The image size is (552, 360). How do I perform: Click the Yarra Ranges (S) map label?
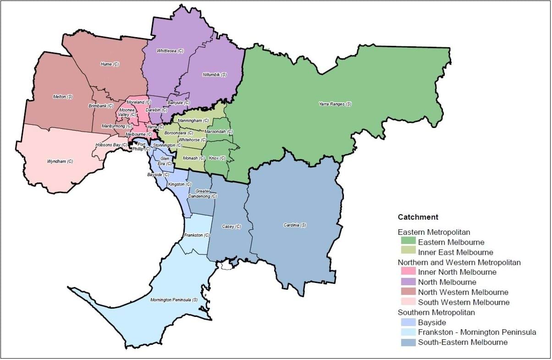click(x=335, y=104)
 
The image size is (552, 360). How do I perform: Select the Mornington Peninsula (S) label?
click(x=174, y=300)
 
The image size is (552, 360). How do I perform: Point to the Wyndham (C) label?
click(x=60, y=161)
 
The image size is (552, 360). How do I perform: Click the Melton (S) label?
click(x=63, y=97)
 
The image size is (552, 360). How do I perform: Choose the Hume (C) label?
click(x=110, y=64)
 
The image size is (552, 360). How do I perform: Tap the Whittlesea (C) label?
click(x=170, y=51)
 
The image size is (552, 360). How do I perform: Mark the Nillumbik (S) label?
click(x=215, y=74)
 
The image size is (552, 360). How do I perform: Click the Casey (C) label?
click(x=231, y=227)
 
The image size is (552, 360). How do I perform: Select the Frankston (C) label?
click(x=196, y=235)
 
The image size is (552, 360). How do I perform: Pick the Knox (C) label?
click(x=217, y=158)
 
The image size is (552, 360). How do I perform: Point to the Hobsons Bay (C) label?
click(x=111, y=145)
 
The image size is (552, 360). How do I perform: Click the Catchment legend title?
click(x=418, y=217)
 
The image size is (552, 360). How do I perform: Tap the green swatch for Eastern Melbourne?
click(x=408, y=242)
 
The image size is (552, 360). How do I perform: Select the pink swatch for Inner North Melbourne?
click(x=408, y=272)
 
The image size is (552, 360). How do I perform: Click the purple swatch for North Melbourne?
click(x=408, y=282)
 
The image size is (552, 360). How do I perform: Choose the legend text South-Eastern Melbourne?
click(x=463, y=342)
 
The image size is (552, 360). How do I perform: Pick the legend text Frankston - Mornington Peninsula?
click(x=477, y=332)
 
